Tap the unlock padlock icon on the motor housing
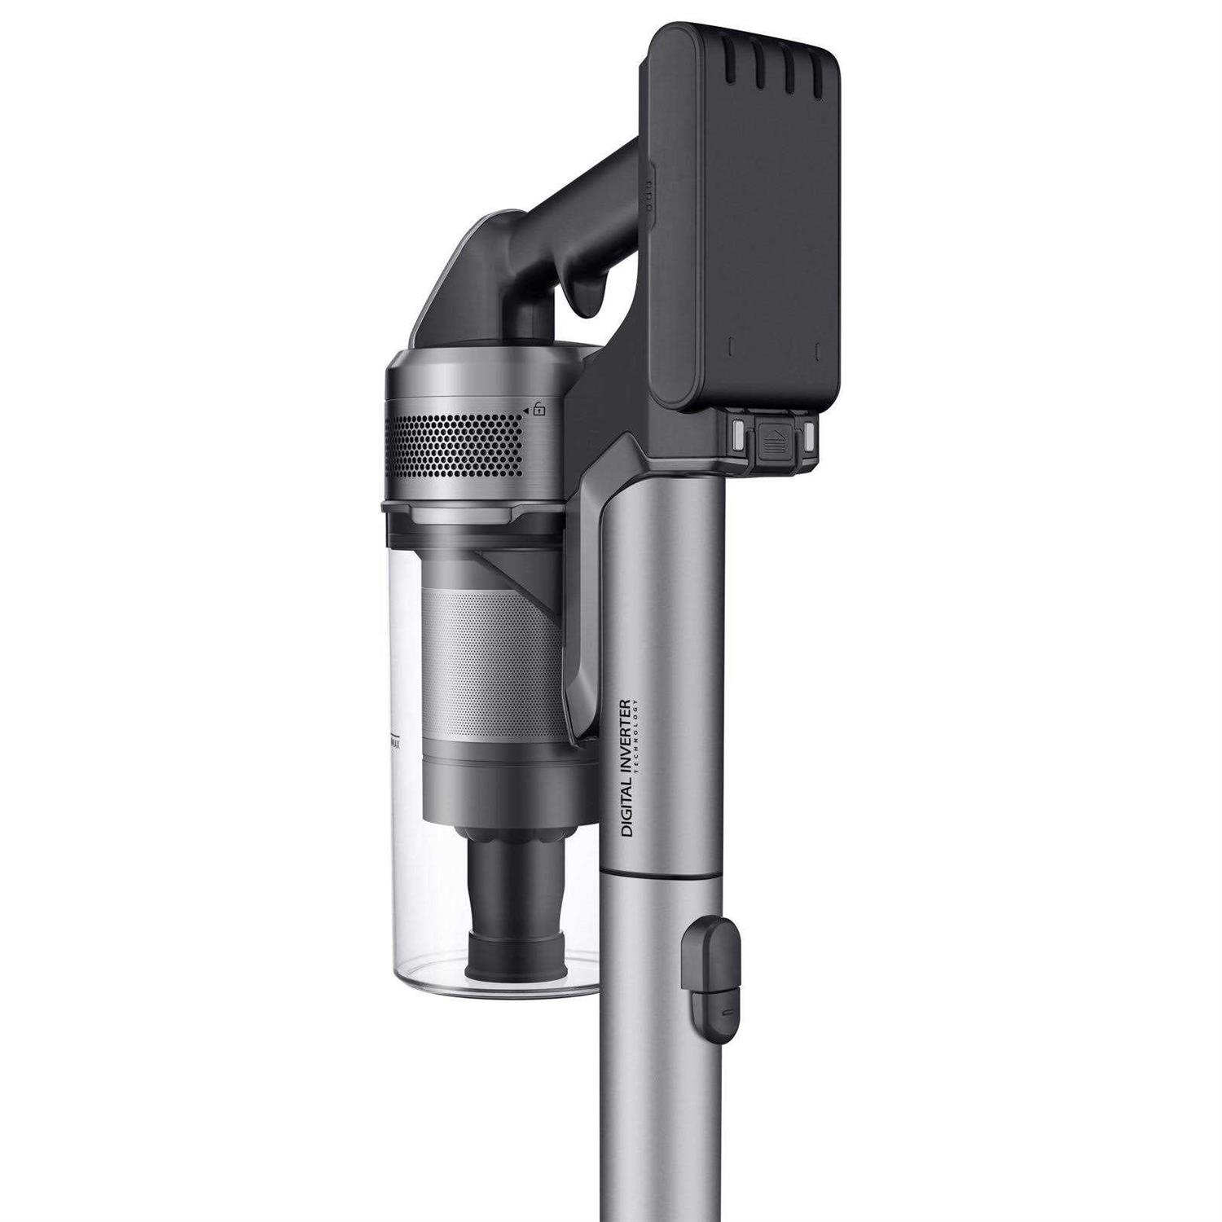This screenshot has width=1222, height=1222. point(539,409)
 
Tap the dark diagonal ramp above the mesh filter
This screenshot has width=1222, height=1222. point(522,569)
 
